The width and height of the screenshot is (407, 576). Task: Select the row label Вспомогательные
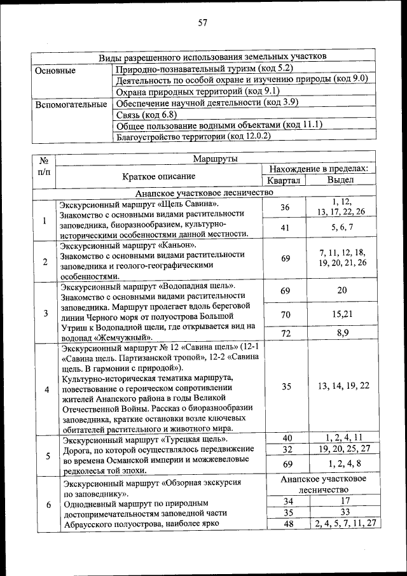tap(71, 104)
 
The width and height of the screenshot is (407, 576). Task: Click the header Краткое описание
tap(159, 176)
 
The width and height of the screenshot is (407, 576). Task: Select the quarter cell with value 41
tap(285, 227)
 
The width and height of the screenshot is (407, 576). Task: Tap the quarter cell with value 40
tap(285, 438)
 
